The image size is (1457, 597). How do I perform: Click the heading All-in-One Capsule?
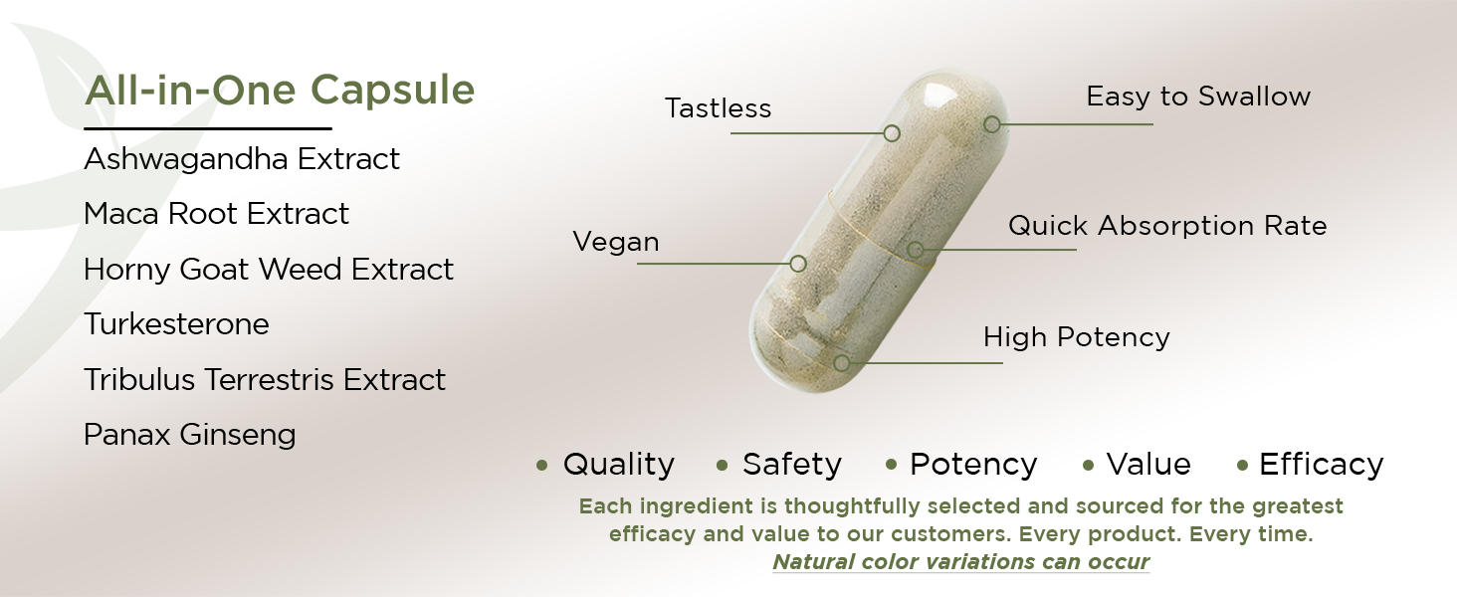coord(280,91)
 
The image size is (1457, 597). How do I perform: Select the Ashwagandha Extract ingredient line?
coord(242,159)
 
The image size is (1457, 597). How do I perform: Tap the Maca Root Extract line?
coord(217,214)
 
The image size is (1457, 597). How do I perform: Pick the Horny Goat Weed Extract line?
coord(269,270)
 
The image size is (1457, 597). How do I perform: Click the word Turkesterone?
coord(176,324)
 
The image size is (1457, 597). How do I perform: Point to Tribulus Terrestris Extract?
coord(265,380)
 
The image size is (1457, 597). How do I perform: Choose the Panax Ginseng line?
coord(190,435)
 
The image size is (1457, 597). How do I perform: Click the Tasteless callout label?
coord(718,108)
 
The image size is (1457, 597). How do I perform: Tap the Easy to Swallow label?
coord(1198,97)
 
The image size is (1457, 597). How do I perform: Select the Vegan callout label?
coord(616,242)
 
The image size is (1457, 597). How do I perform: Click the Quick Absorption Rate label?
coord(1167,226)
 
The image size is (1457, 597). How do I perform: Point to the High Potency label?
coord(1076,337)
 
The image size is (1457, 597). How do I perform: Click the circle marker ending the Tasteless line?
coord(892,132)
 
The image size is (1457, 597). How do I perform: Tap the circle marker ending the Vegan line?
coord(797,264)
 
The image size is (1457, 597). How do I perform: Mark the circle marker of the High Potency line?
coord(842,363)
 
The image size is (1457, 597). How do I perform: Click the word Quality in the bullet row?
coord(618,465)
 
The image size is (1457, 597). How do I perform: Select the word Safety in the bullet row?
coord(791,465)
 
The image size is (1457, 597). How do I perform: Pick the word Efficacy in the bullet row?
coord(1321,465)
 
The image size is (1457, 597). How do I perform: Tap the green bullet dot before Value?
coord(1088,465)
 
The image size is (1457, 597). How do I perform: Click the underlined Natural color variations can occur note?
coord(960,561)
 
